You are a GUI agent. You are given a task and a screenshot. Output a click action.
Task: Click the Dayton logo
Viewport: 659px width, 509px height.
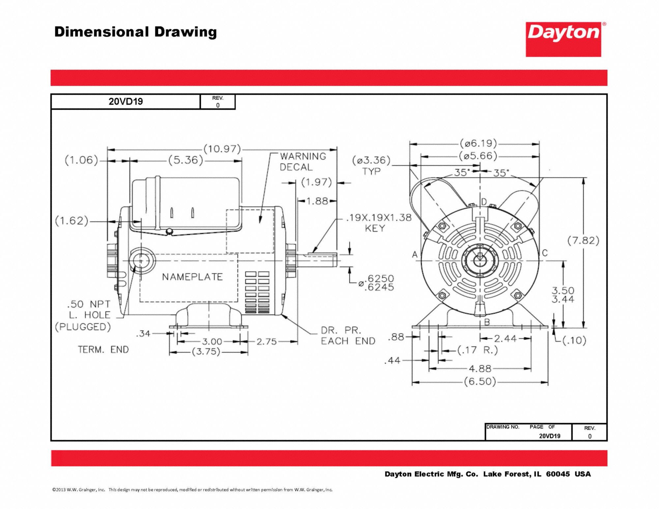tap(563, 39)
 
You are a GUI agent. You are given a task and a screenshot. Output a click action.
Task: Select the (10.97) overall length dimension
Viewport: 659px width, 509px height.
tap(222, 149)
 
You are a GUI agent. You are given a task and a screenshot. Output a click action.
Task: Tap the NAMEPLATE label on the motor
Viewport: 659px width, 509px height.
tap(192, 277)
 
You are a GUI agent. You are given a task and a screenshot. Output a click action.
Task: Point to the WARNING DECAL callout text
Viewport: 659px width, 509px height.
tap(302, 162)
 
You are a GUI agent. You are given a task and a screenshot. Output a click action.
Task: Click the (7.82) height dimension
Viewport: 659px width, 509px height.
tap(583, 241)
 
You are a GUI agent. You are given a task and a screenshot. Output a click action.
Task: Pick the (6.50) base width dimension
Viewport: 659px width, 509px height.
tap(480, 382)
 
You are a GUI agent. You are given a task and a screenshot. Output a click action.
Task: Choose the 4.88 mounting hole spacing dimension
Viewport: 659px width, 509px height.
tap(480, 369)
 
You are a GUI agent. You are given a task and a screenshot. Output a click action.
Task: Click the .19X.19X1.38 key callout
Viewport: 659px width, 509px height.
tap(379, 218)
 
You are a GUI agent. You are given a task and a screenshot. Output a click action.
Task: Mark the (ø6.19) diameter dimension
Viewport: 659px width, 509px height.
tap(478, 144)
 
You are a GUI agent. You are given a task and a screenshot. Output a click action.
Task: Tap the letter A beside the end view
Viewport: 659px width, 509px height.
tap(415, 254)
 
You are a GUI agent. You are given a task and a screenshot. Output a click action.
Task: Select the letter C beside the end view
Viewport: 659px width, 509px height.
tap(545, 253)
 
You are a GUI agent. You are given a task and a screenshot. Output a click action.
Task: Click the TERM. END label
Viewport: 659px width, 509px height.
tap(103, 350)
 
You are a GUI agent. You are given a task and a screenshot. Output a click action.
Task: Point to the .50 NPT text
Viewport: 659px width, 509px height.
tap(89, 304)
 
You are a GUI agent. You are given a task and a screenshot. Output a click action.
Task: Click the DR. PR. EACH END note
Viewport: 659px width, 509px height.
tap(348, 336)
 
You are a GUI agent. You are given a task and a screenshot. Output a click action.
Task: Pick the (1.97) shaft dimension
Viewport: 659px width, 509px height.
tap(316, 182)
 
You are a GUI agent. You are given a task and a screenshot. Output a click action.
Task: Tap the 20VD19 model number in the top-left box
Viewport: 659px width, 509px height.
tap(126, 101)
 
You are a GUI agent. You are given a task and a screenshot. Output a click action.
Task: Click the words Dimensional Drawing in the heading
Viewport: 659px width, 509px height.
tap(135, 32)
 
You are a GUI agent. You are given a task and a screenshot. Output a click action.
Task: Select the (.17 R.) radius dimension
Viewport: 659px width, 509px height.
tap(477, 350)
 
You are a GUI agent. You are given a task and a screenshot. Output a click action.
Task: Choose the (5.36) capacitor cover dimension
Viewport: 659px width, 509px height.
tap(186, 160)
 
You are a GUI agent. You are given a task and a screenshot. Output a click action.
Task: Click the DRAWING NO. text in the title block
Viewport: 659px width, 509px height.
tap(502, 427)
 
